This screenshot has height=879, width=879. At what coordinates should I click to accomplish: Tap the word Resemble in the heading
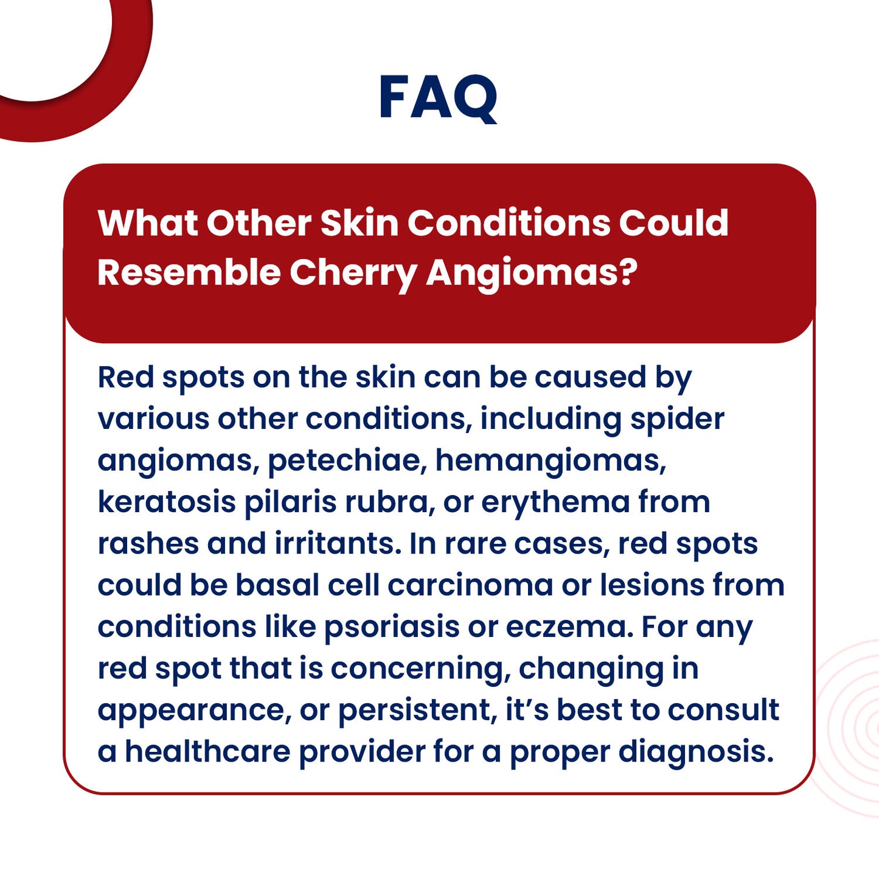point(189,272)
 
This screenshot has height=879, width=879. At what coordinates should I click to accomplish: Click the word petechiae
point(344,460)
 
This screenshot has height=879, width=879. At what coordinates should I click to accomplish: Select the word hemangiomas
point(550,461)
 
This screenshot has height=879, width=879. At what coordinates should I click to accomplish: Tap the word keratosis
point(166,502)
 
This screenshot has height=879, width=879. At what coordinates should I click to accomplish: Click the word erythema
point(555,503)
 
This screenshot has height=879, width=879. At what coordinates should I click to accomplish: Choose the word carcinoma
point(470,585)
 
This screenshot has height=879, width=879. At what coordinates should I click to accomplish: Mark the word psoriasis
point(391,627)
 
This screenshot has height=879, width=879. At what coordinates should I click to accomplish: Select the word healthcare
point(207,751)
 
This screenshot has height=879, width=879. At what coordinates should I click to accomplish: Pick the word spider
point(676,420)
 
